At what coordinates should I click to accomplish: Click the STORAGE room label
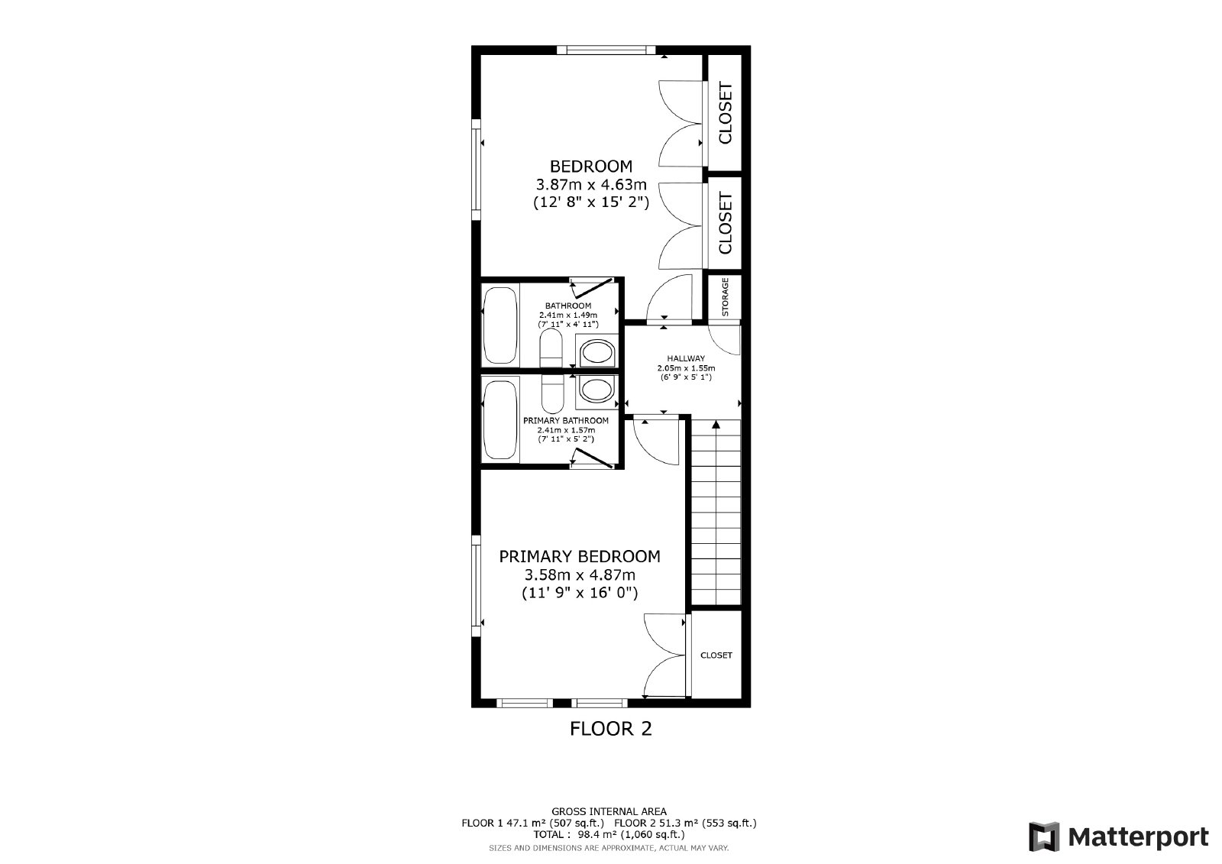(725, 297)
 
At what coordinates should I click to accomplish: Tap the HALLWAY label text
(686, 358)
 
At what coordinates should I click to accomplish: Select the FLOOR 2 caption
(610, 729)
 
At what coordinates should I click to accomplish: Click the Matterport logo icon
(1044, 836)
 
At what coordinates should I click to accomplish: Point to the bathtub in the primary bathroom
(500, 419)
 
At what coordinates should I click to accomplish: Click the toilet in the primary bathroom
(552, 394)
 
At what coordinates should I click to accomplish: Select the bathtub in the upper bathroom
(500, 325)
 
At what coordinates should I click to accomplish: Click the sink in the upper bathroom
(596, 353)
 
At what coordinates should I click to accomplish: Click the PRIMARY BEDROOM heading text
(580, 557)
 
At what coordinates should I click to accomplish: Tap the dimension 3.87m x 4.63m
(591, 184)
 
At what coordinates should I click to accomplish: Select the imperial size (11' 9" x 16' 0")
(580, 593)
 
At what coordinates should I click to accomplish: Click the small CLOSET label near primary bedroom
(716, 655)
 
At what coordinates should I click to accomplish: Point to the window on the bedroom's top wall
(606, 50)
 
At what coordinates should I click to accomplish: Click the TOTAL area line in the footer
(609, 834)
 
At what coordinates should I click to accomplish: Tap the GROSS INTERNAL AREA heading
(609, 811)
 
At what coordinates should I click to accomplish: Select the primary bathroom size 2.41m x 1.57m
(566, 430)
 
